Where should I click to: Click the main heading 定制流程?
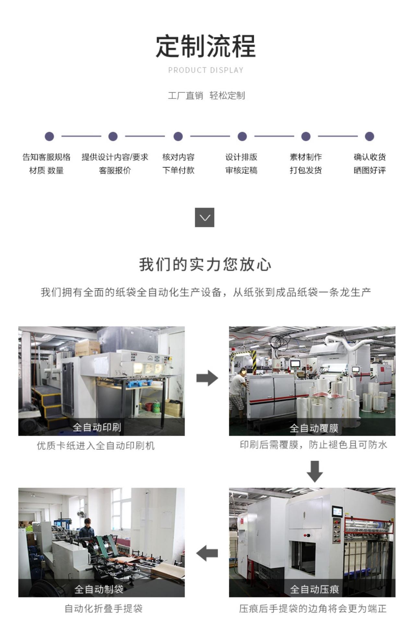pyautogui.click(x=206, y=46)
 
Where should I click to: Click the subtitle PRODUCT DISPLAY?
pyautogui.click(x=206, y=70)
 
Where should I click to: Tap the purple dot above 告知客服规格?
pyautogui.click(x=49, y=136)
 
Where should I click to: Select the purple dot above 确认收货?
pyautogui.click(x=369, y=136)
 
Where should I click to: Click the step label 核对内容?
pyautogui.click(x=178, y=157)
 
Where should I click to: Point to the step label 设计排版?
pyautogui.click(x=242, y=157)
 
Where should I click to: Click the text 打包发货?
pyautogui.click(x=305, y=170)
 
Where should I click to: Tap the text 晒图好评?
pyautogui.click(x=370, y=170)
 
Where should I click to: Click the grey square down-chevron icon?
pyautogui.click(x=205, y=217)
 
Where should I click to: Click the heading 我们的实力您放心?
pyautogui.click(x=205, y=264)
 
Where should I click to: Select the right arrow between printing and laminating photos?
pyautogui.click(x=207, y=378)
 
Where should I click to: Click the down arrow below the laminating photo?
pyautogui.click(x=314, y=471)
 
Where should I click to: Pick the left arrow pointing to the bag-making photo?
pyautogui.click(x=207, y=553)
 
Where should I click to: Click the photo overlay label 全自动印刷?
pyautogui.click(x=97, y=427)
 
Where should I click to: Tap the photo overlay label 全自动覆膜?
pyautogui.click(x=314, y=428)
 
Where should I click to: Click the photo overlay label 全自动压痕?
pyautogui.click(x=314, y=589)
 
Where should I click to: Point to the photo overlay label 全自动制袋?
pyautogui.click(x=99, y=589)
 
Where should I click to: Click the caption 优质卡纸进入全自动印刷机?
pyautogui.click(x=96, y=446)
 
